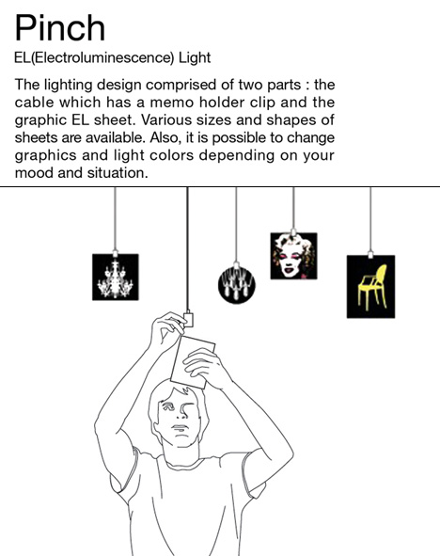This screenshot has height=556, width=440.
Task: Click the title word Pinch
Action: [60, 28]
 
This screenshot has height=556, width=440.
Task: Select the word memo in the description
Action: [172, 103]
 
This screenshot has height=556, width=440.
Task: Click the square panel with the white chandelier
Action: [116, 277]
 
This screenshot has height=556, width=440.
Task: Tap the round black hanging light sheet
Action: [237, 285]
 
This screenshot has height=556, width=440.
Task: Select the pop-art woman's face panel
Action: [293, 256]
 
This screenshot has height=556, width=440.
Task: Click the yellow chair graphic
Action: [372, 287]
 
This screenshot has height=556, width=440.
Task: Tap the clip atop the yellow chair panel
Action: [370, 255]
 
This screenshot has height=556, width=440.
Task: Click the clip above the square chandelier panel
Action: [115, 253]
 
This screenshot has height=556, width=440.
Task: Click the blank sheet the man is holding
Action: [193, 362]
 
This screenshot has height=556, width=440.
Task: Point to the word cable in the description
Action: [33, 103]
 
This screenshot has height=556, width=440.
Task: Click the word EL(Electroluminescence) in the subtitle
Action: [94, 57]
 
